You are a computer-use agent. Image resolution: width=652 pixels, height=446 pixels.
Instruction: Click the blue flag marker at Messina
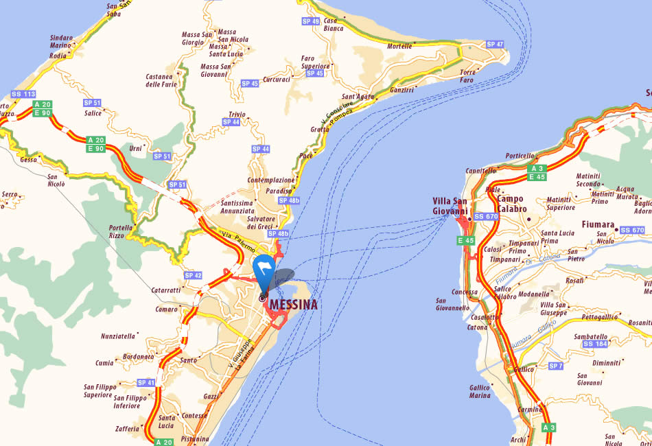pyautogui.click(x=265, y=268)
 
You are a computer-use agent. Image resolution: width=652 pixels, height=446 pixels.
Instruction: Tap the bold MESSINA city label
pyautogui.click(x=294, y=305)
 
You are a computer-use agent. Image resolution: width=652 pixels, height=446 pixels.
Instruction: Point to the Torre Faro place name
pyautogui.click(x=467, y=76)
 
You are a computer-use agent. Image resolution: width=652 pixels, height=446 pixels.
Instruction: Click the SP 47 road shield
pyautogui.click(x=495, y=45)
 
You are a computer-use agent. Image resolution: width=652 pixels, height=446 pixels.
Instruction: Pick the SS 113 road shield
pyautogui.click(x=23, y=94)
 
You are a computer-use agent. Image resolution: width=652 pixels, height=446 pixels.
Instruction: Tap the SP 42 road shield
pyautogui.click(x=193, y=276)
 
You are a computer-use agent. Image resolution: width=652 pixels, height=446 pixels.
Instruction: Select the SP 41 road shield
pyautogui.click(x=145, y=382)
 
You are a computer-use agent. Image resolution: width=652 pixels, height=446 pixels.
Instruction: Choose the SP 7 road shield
pyautogui.click(x=555, y=366)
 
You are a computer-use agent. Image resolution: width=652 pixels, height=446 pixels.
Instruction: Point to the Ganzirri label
pyautogui.click(x=401, y=90)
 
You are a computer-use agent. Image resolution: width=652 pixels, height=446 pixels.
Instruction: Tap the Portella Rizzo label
pyautogui.click(x=120, y=231)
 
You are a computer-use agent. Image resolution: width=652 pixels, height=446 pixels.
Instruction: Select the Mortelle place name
pyautogui.click(x=400, y=46)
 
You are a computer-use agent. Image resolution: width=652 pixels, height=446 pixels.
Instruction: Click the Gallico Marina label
pyautogui.click(x=480, y=391)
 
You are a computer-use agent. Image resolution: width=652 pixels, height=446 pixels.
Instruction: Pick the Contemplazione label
pyautogui.click(x=271, y=180)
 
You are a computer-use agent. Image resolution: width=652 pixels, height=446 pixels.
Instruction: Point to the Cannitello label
pyautogui.click(x=480, y=170)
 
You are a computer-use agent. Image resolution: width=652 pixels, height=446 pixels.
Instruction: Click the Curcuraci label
pyautogui.click(x=277, y=80)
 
